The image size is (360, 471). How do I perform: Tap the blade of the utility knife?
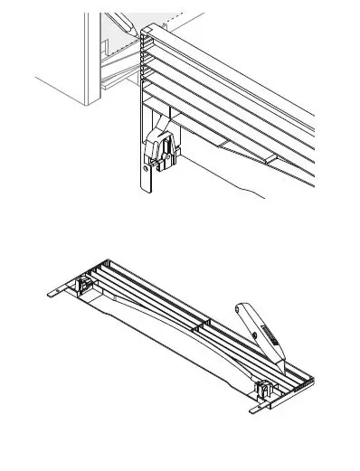coord(281,364)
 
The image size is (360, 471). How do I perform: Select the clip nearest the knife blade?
coord(264,390)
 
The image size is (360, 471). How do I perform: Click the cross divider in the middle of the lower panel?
coord(204,325)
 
